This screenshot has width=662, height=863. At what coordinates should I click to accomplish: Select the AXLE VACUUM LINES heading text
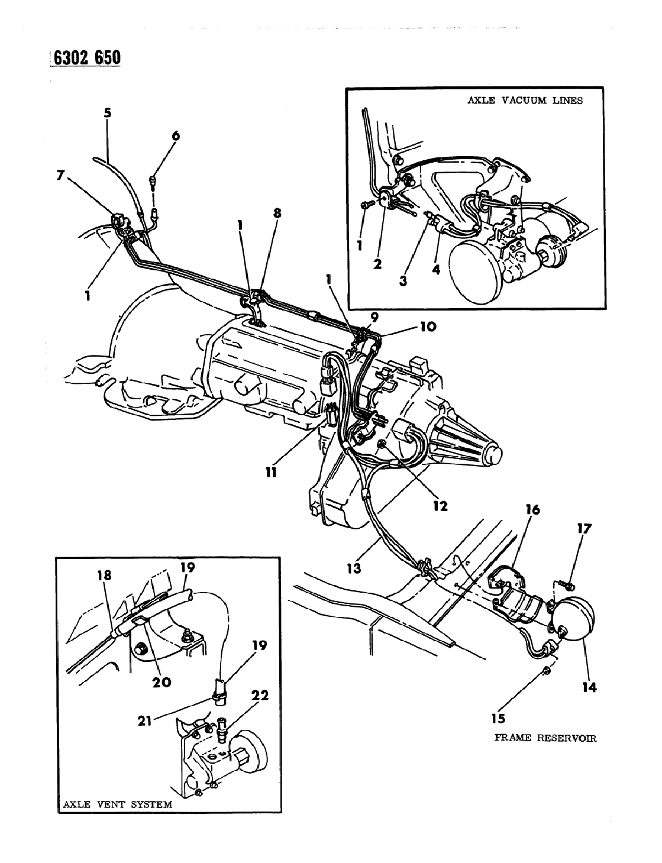[x=525, y=101]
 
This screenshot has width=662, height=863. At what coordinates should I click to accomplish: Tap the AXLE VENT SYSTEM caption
[x=118, y=804]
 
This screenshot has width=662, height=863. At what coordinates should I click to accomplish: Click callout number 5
[x=107, y=113]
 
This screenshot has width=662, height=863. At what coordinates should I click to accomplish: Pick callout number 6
[x=175, y=136]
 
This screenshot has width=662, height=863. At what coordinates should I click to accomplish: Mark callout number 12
[x=440, y=505]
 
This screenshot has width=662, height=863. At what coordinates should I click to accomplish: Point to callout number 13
[x=354, y=568]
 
